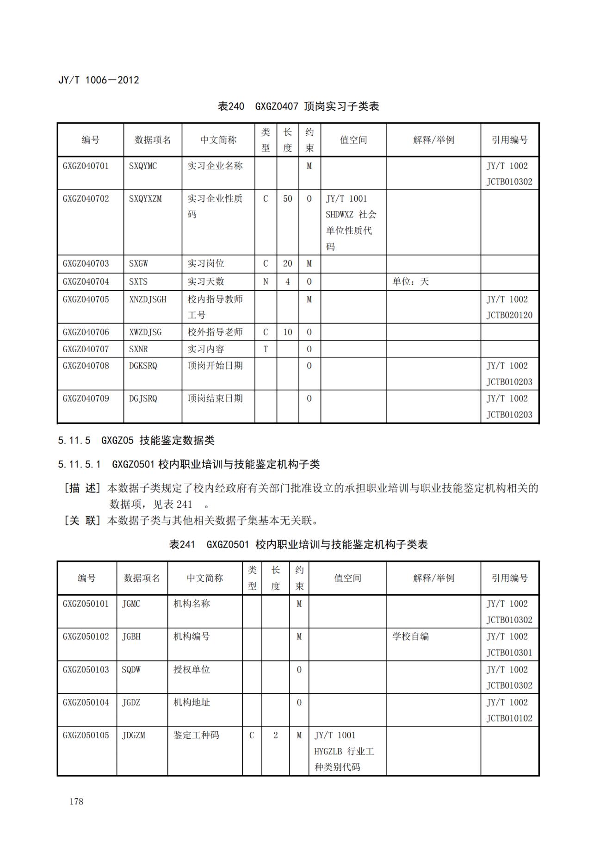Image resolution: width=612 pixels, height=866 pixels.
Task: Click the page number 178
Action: (76, 801)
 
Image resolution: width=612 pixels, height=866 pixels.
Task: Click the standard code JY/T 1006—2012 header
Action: (99, 80)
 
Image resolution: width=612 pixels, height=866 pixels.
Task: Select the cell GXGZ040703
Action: (86, 263)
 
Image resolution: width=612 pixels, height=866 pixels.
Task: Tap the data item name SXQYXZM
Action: (145, 199)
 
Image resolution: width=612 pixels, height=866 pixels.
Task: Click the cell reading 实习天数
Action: (206, 281)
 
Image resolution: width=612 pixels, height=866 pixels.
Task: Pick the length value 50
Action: (288, 199)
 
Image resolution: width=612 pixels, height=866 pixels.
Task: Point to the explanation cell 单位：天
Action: (411, 281)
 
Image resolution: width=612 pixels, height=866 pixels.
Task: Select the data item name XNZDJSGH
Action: (148, 299)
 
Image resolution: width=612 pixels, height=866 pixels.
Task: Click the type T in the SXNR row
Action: (266, 349)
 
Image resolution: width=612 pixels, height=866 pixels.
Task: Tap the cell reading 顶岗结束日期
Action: (215, 399)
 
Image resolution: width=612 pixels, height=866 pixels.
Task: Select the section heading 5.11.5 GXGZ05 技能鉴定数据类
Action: (136, 440)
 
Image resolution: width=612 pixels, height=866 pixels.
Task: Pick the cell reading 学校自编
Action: (411, 636)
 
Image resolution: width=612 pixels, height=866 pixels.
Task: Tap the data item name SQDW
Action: (131, 669)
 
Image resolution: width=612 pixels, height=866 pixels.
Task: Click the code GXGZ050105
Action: (86, 735)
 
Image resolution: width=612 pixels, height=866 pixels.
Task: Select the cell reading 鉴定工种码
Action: (196, 735)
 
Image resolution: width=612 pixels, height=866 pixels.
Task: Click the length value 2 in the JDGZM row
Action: (276, 735)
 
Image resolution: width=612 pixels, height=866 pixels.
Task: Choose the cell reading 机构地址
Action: (192, 702)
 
